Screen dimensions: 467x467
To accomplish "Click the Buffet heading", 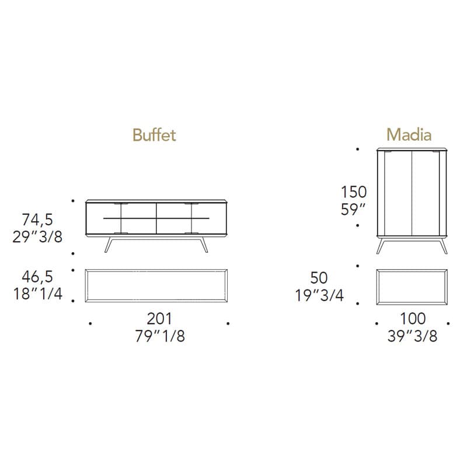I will [154, 135].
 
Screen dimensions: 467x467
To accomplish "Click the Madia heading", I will [409, 135].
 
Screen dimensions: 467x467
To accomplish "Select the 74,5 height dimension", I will [38, 219].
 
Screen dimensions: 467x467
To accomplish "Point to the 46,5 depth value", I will [38, 277].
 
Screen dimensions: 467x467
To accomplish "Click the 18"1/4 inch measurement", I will [38, 294].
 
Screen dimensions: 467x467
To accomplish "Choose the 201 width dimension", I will [159, 319].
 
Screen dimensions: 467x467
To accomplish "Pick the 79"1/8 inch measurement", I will [159, 336].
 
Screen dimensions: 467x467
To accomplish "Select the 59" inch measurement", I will [354, 209].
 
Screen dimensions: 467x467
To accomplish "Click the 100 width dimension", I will [412, 319].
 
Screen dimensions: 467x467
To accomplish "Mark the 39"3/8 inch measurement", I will [412, 336].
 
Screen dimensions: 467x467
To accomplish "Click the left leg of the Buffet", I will [108, 245].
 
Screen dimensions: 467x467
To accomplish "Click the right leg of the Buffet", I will [203, 245].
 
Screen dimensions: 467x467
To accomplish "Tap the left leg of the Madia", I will [381, 246].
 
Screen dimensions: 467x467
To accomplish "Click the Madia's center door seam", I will [412, 193].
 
